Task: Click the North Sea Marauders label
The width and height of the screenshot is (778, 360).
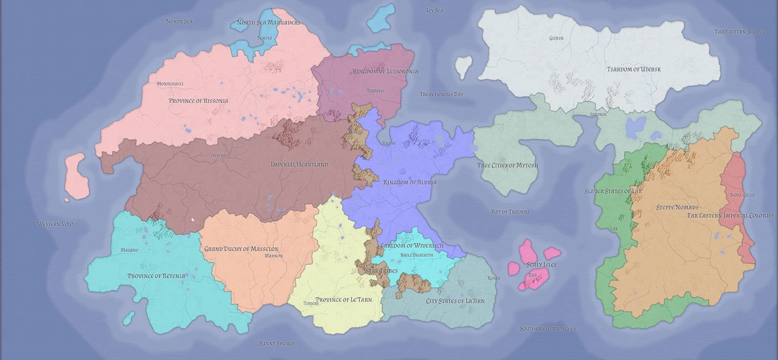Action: click(x=268, y=23)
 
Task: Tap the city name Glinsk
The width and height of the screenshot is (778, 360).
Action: click(x=556, y=38)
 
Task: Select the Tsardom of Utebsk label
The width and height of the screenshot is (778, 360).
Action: click(x=637, y=69)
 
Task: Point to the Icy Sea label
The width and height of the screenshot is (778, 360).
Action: click(x=434, y=10)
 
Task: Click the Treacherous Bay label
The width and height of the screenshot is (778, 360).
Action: click(x=442, y=95)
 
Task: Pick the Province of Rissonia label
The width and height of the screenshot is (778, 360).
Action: click(x=198, y=101)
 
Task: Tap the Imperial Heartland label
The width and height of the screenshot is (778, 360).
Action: click(x=299, y=165)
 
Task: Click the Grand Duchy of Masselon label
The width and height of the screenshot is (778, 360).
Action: click(x=241, y=249)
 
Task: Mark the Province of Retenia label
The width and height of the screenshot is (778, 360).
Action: click(x=157, y=276)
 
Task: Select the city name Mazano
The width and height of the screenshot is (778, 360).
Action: click(x=130, y=250)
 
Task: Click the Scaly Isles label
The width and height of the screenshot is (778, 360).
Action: click(x=541, y=265)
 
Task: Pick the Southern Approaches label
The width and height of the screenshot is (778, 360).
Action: click(x=548, y=329)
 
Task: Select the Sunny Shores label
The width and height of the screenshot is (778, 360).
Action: click(x=277, y=343)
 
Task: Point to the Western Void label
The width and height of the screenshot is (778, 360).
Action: click(x=55, y=224)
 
